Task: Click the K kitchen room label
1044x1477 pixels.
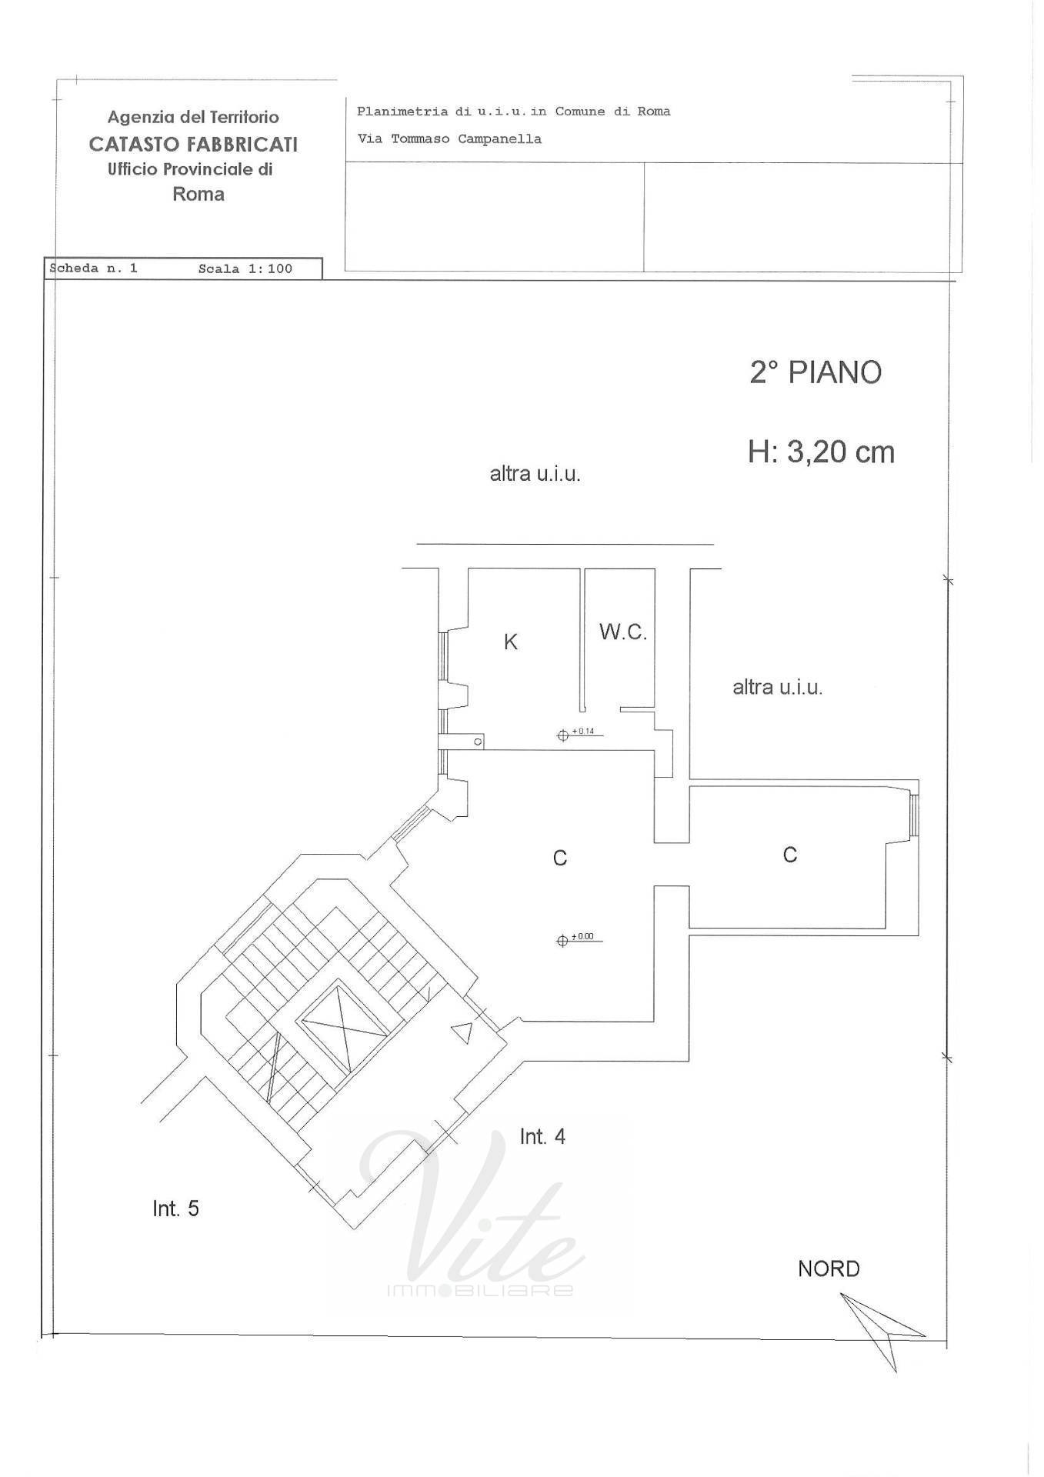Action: [x=511, y=642]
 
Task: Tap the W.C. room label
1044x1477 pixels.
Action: [x=623, y=632]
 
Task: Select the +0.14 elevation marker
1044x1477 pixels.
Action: [x=579, y=734]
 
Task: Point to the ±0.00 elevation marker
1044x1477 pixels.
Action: [x=579, y=939]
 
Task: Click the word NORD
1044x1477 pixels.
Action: [x=829, y=1269]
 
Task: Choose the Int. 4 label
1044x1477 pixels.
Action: [x=542, y=1136]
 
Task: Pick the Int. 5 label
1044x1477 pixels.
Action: [x=175, y=1209]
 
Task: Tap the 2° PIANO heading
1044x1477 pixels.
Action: [x=816, y=372]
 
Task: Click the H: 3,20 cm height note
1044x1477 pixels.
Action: [x=821, y=452]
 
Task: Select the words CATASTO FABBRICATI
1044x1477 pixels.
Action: [x=193, y=144]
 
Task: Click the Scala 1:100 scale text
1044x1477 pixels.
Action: [x=245, y=268]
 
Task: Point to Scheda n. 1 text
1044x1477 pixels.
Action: [x=94, y=268]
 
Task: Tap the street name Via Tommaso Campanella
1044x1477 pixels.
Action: [x=449, y=139]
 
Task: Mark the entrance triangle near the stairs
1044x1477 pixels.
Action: [x=462, y=1032]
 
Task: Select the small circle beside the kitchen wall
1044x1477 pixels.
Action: [x=478, y=742]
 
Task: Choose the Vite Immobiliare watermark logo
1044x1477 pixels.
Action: [x=471, y=1215]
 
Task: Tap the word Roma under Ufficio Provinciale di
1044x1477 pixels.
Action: [x=198, y=194]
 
